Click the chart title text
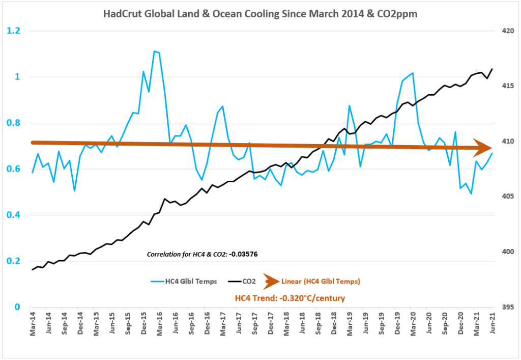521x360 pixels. pyautogui.click(x=260, y=14)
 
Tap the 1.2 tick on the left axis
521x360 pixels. pyautogui.click(x=13, y=31)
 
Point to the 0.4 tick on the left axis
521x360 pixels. pyautogui.click(x=13, y=215)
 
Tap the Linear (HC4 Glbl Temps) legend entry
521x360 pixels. pyautogui.click(x=321, y=281)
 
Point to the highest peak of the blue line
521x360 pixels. pyautogui.click(x=154, y=51)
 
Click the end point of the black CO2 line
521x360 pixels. pyautogui.click(x=492, y=69)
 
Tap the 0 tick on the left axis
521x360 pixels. pyautogui.click(x=17, y=307)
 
